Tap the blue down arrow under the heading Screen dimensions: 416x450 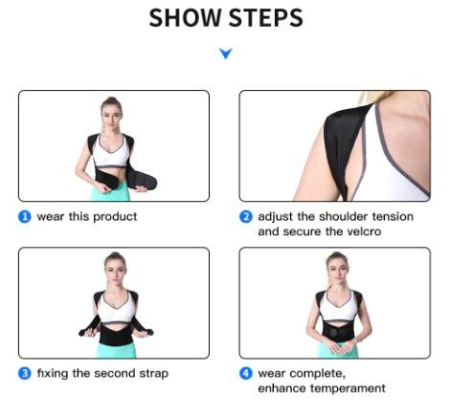click(226, 55)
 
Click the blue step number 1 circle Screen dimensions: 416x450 click(25, 217)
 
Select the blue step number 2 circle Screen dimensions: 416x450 click(246, 217)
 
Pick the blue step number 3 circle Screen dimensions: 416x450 click(25, 373)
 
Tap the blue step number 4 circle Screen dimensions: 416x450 click(246, 373)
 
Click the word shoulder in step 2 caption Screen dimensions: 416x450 click(328, 217)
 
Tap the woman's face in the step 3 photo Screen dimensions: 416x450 click(114, 267)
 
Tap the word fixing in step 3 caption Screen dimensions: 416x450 click(53, 373)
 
